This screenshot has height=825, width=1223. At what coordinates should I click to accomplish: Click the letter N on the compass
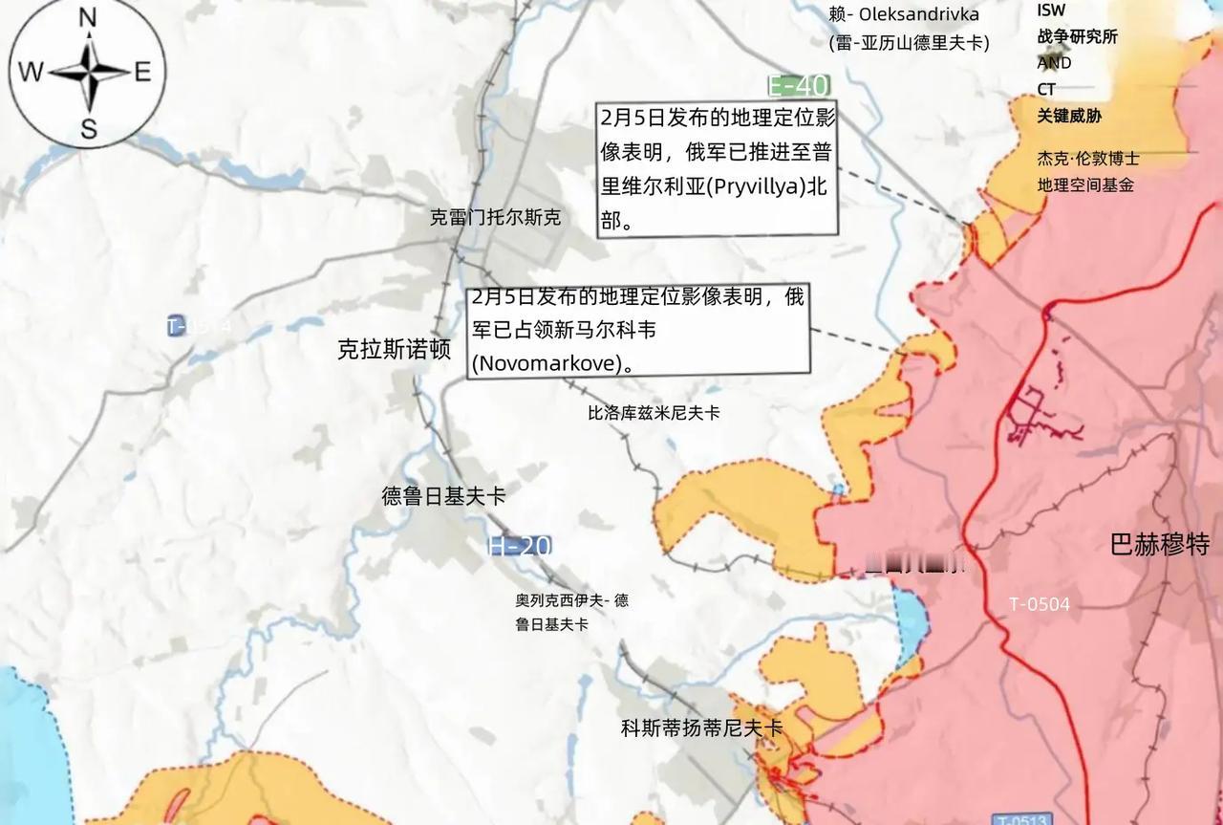pyautogui.click(x=88, y=17)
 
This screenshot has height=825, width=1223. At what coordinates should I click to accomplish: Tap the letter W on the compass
pyautogui.click(x=31, y=73)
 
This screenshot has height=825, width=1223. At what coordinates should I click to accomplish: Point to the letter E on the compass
pyautogui.click(x=143, y=73)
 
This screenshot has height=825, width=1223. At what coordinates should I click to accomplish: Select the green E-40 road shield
pyautogui.click(x=799, y=86)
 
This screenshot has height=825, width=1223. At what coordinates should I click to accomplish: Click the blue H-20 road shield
pyautogui.click(x=519, y=546)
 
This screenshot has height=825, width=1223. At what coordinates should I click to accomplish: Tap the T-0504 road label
pyautogui.click(x=1040, y=604)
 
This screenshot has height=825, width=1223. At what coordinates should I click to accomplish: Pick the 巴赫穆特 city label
pyautogui.click(x=1159, y=545)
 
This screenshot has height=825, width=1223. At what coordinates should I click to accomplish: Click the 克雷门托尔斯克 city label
pyautogui.click(x=495, y=218)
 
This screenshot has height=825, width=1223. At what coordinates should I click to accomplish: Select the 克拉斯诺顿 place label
pyautogui.click(x=394, y=349)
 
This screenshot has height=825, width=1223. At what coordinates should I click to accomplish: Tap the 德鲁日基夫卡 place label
pyautogui.click(x=443, y=496)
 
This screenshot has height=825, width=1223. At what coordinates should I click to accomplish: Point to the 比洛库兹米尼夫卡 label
pyautogui.click(x=654, y=413)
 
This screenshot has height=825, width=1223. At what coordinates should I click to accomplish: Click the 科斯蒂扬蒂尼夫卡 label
pyautogui.click(x=701, y=728)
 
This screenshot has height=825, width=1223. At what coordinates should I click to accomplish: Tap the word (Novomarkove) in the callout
pyautogui.click(x=552, y=363)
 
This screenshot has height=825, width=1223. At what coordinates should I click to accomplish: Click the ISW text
pyautogui.click(x=1051, y=11)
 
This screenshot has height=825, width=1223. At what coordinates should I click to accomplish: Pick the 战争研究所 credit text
pyautogui.click(x=1077, y=37)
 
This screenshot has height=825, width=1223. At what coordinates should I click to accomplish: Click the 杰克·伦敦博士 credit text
pyautogui.click(x=1087, y=159)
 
